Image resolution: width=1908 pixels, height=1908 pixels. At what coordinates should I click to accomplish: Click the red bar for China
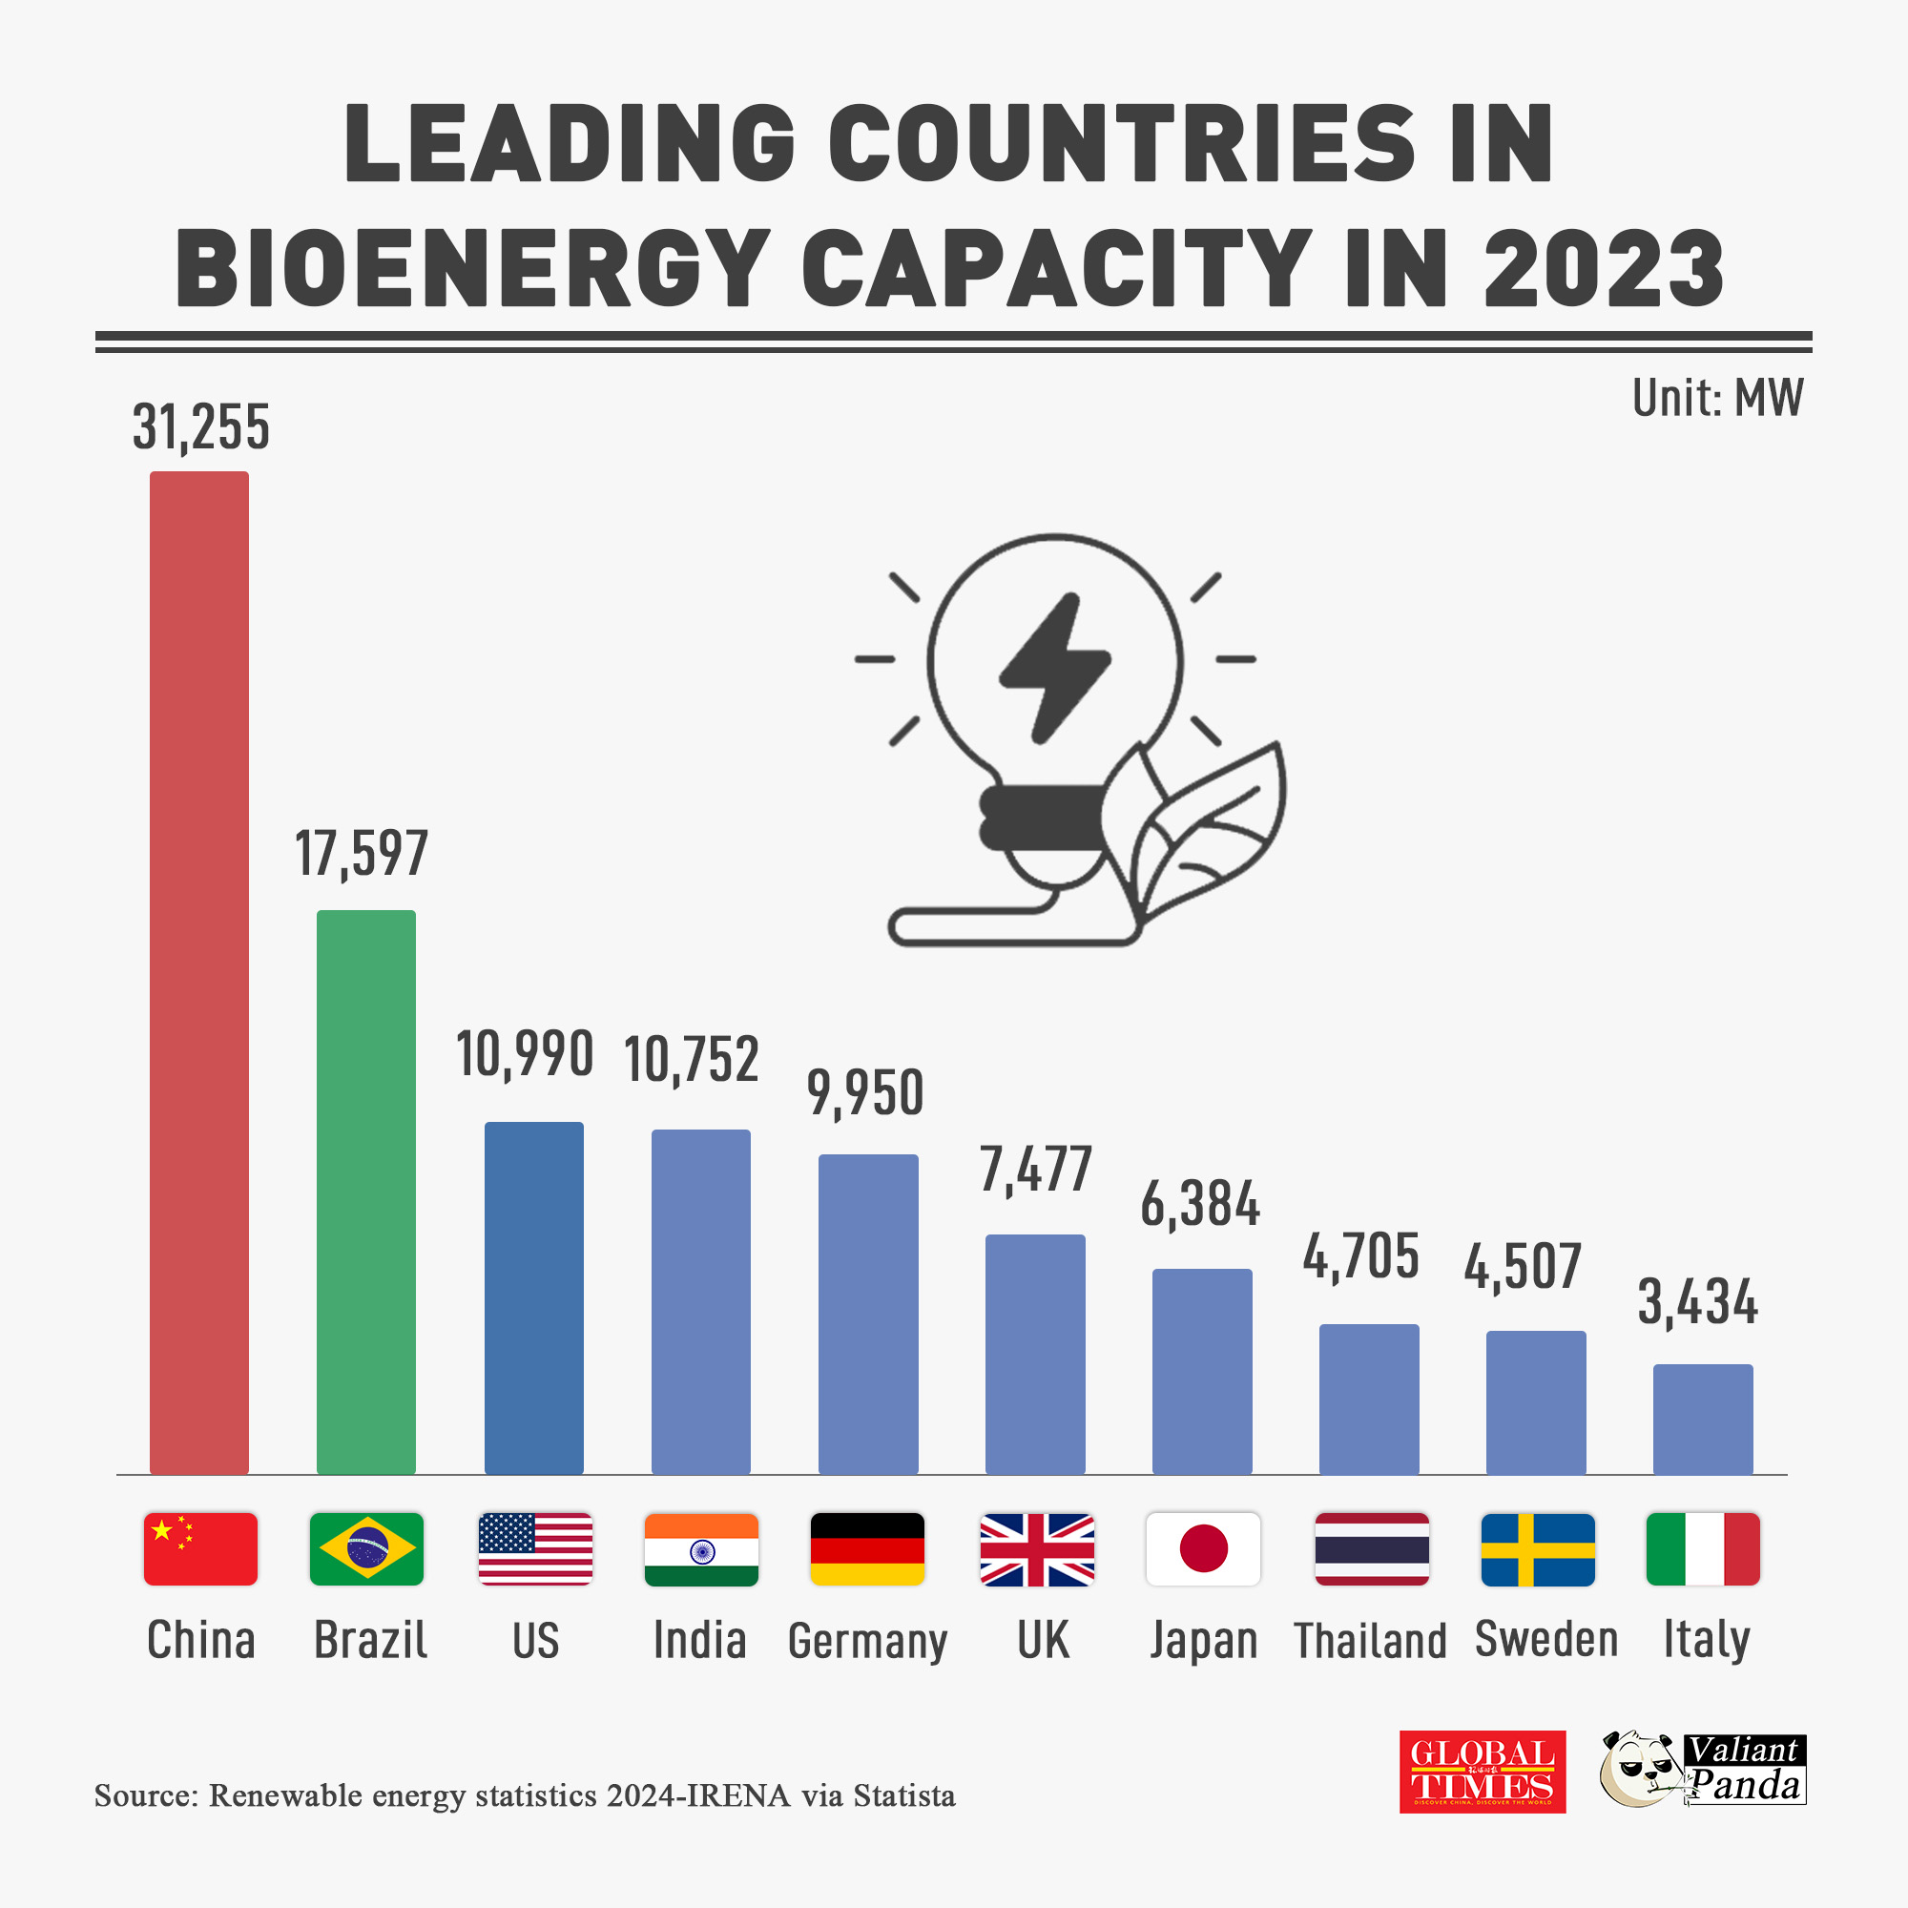(198, 973)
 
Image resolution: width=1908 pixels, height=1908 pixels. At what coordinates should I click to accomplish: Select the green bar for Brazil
(365, 1192)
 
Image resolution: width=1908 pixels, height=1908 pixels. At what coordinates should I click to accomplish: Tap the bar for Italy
(1703, 1420)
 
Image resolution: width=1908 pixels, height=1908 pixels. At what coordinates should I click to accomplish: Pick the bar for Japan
(1202, 1371)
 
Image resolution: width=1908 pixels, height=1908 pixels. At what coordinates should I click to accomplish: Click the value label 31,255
(200, 427)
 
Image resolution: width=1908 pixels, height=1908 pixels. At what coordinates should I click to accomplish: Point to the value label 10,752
(692, 1060)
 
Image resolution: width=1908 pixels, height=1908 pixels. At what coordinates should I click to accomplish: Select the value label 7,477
(1035, 1170)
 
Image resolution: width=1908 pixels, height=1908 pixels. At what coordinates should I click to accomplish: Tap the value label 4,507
(1522, 1267)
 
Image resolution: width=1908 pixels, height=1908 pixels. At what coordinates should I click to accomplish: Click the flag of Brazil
(366, 1548)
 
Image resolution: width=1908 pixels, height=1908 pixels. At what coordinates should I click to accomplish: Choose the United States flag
(535, 1548)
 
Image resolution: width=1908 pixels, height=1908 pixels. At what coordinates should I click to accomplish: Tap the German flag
(867, 1548)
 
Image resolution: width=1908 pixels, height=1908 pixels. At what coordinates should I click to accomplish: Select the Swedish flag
(1538, 1548)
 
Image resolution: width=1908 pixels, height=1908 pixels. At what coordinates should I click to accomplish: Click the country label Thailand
(1370, 1641)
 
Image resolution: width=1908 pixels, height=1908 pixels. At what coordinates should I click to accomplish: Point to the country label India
(699, 1640)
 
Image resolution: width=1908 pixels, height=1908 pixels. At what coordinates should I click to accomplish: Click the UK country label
(1043, 1640)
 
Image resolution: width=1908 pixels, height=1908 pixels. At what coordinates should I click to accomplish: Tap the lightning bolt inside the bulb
(1054, 668)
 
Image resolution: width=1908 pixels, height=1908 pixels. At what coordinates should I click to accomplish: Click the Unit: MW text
(1717, 398)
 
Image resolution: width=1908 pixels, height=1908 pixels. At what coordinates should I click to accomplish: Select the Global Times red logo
(1482, 1772)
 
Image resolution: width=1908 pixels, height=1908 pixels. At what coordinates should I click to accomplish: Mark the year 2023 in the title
(1603, 269)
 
